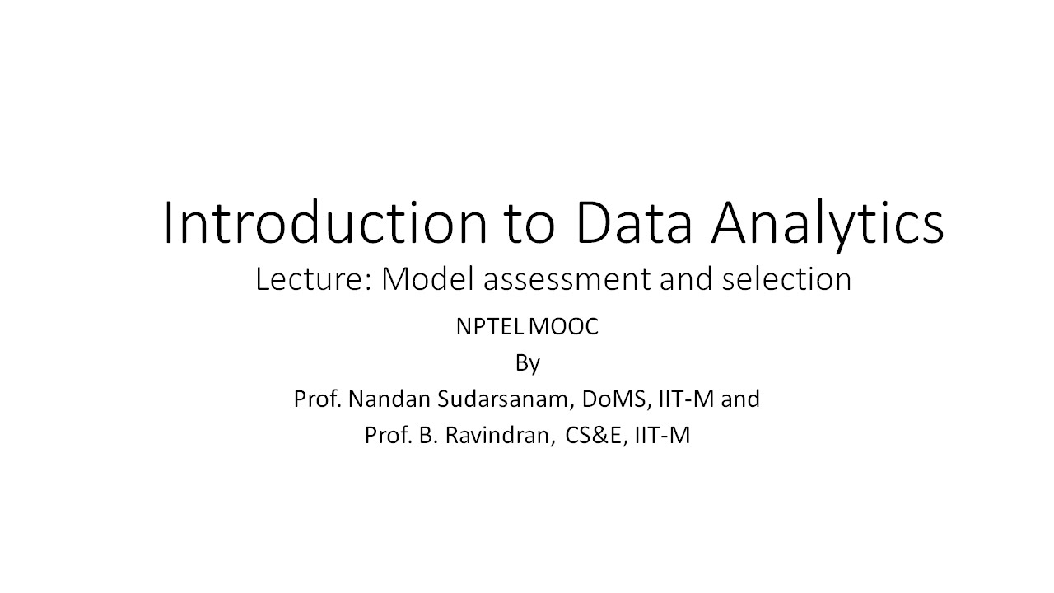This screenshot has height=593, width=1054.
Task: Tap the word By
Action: [x=527, y=363]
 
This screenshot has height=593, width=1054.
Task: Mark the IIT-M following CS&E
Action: [x=662, y=436]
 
